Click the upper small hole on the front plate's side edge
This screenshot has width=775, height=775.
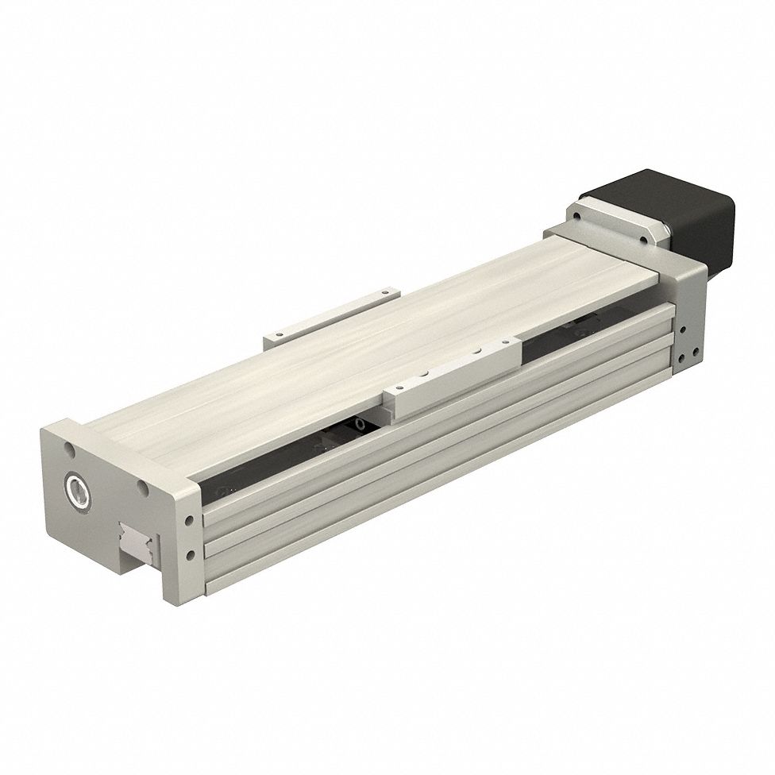click(190, 522)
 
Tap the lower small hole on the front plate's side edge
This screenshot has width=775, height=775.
click(190, 553)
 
